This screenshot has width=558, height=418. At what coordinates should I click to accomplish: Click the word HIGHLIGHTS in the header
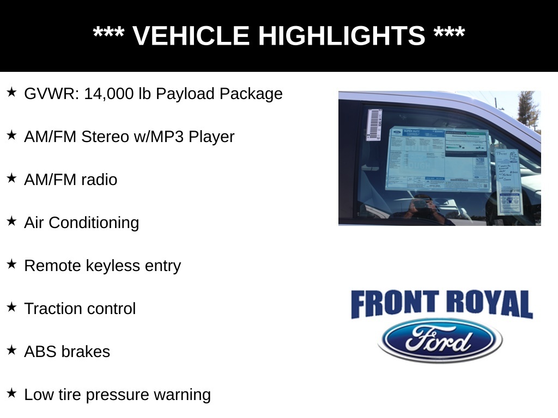[341, 36]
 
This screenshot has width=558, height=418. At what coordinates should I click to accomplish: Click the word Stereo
[105, 137]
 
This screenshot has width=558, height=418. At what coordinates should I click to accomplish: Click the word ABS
[40, 352]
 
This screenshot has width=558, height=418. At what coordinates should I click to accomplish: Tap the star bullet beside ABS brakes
[12, 351]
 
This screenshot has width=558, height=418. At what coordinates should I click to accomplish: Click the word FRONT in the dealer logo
[395, 304]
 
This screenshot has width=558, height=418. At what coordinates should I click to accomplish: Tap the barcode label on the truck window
[374, 125]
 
